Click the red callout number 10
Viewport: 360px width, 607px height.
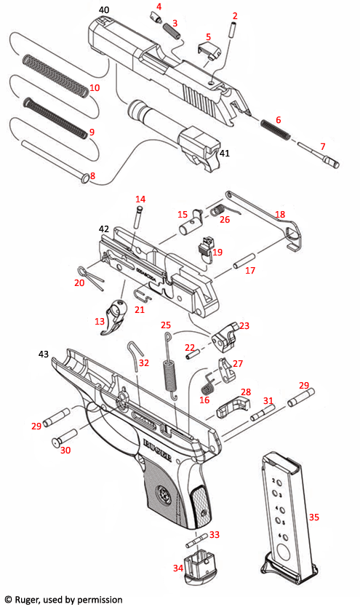click(94, 88)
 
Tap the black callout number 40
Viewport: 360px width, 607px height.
click(104, 9)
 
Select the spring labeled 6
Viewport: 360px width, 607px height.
click(276, 129)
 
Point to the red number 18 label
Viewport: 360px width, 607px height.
click(279, 215)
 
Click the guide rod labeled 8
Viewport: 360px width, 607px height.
click(51, 160)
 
